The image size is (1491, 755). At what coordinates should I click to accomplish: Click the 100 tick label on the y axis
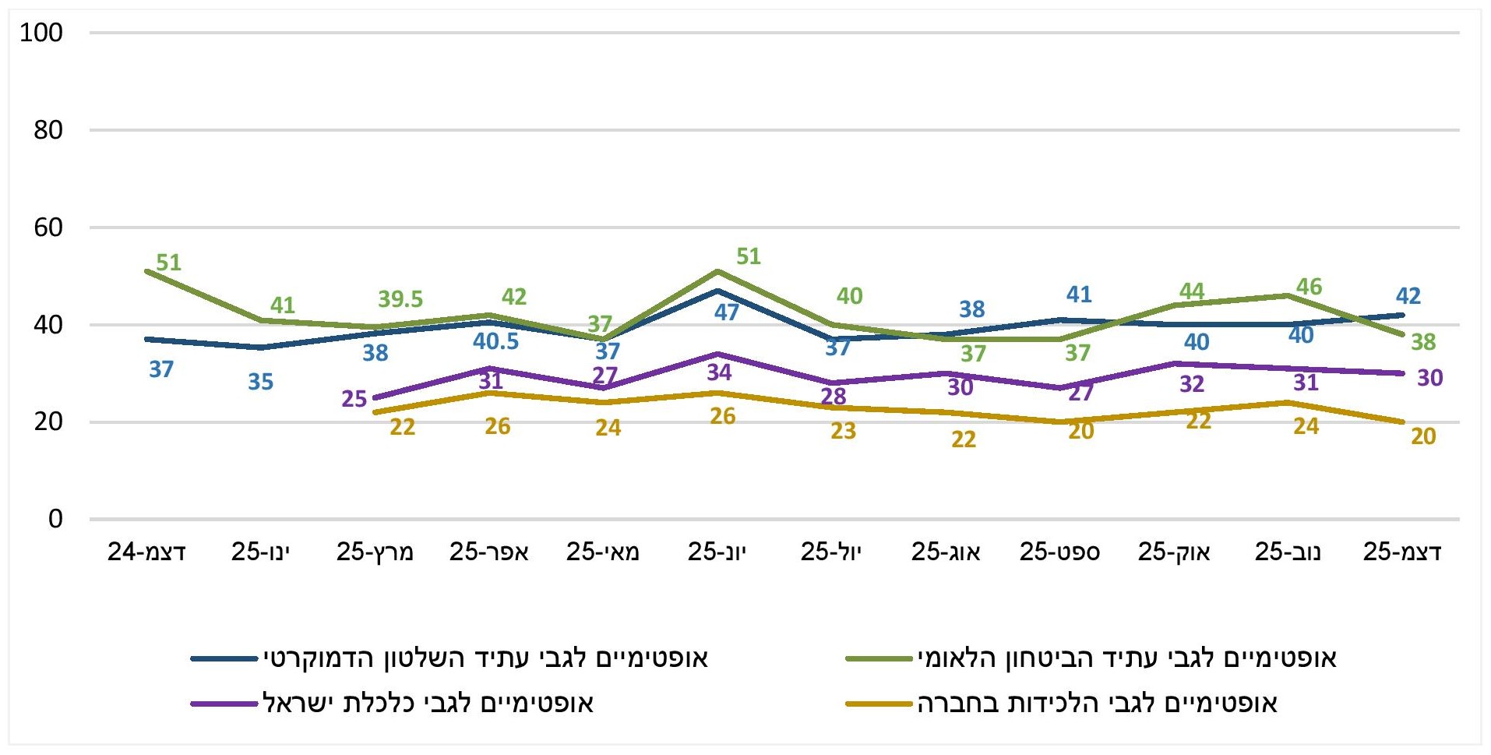tap(41, 33)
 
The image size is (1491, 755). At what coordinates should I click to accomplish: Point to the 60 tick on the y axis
tap(48, 228)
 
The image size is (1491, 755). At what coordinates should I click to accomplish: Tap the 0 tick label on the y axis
tap(55, 519)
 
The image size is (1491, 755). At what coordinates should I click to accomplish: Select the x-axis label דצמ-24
tap(146, 552)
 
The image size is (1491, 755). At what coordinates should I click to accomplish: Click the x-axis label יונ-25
tap(717, 552)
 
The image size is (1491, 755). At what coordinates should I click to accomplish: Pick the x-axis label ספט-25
tap(1059, 552)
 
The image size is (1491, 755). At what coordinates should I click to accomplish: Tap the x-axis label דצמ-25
tap(1401, 552)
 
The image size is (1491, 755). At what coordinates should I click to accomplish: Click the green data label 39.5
tap(400, 299)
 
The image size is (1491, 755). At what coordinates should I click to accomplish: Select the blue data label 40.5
tap(495, 341)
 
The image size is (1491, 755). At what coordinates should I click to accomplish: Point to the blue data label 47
tap(726, 312)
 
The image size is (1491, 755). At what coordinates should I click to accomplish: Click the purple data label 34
tap(719, 372)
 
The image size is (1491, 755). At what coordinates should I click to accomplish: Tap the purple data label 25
tap(354, 399)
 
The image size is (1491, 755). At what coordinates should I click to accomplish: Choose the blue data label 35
tap(260, 382)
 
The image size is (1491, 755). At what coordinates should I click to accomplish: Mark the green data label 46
tap(1309, 287)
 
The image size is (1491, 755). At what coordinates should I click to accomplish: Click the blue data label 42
tap(1408, 296)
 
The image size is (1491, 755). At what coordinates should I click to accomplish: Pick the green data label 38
tap(1422, 342)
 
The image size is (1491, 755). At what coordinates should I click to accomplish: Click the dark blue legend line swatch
tap(224, 659)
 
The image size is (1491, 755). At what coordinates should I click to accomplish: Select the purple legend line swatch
tap(224, 704)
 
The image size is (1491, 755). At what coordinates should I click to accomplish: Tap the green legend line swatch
tap(879, 659)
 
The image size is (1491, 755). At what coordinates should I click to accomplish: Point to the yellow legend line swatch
tap(879, 704)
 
